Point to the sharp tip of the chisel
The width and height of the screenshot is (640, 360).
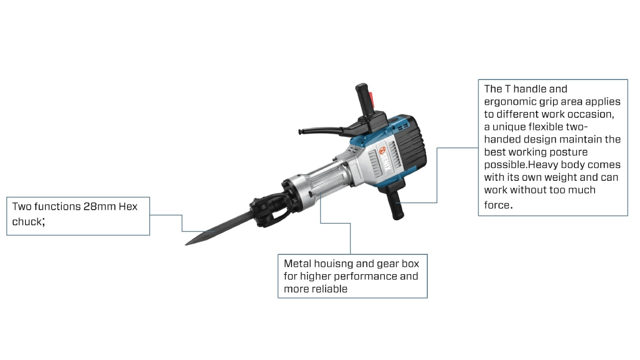click(x=186, y=244)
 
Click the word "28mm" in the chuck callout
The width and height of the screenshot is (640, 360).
click(x=99, y=206)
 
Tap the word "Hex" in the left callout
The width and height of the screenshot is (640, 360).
click(x=128, y=206)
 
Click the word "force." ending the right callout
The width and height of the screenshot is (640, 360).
click(x=498, y=205)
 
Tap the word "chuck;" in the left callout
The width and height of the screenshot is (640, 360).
click(x=28, y=222)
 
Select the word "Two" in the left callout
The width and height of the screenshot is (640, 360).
click(x=22, y=206)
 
